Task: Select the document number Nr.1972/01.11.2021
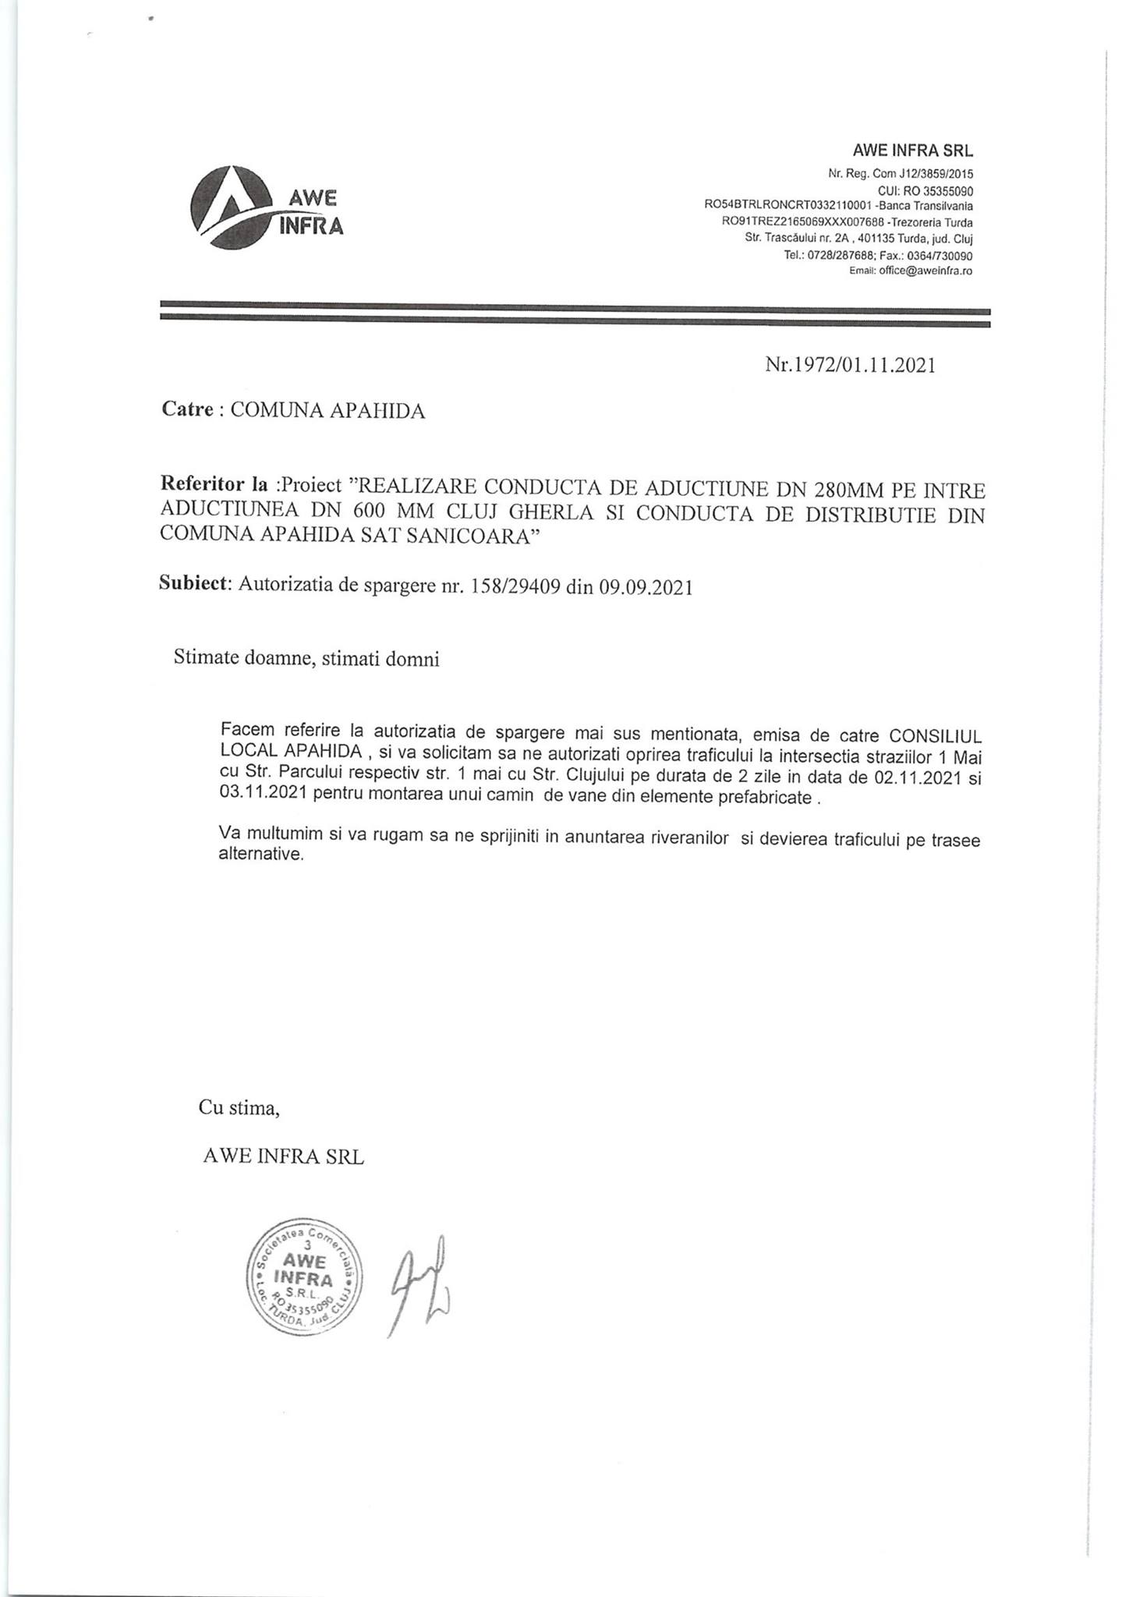[850, 365]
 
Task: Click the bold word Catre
[187, 410]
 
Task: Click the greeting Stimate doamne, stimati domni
[306, 659]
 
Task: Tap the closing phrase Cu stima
[239, 1107]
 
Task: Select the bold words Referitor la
[214, 484]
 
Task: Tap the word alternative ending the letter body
[260, 855]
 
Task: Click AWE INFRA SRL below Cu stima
[283, 1156]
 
